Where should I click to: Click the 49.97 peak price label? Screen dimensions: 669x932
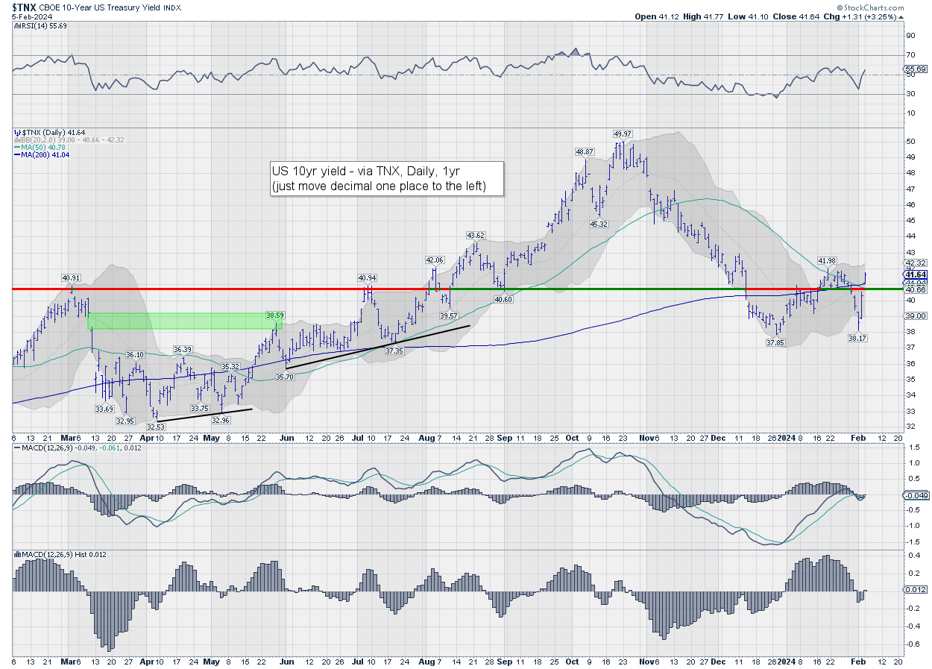click(x=623, y=134)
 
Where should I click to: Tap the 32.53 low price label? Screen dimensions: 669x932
click(x=156, y=427)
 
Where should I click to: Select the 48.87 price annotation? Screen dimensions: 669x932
click(x=584, y=151)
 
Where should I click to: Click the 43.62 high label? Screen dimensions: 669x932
click(x=476, y=235)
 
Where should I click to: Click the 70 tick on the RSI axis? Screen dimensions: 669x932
click(x=910, y=55)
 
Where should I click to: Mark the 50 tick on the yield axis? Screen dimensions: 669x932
click(x=910, y=141)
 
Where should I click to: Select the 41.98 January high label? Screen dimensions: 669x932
click(x=826, y=260)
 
